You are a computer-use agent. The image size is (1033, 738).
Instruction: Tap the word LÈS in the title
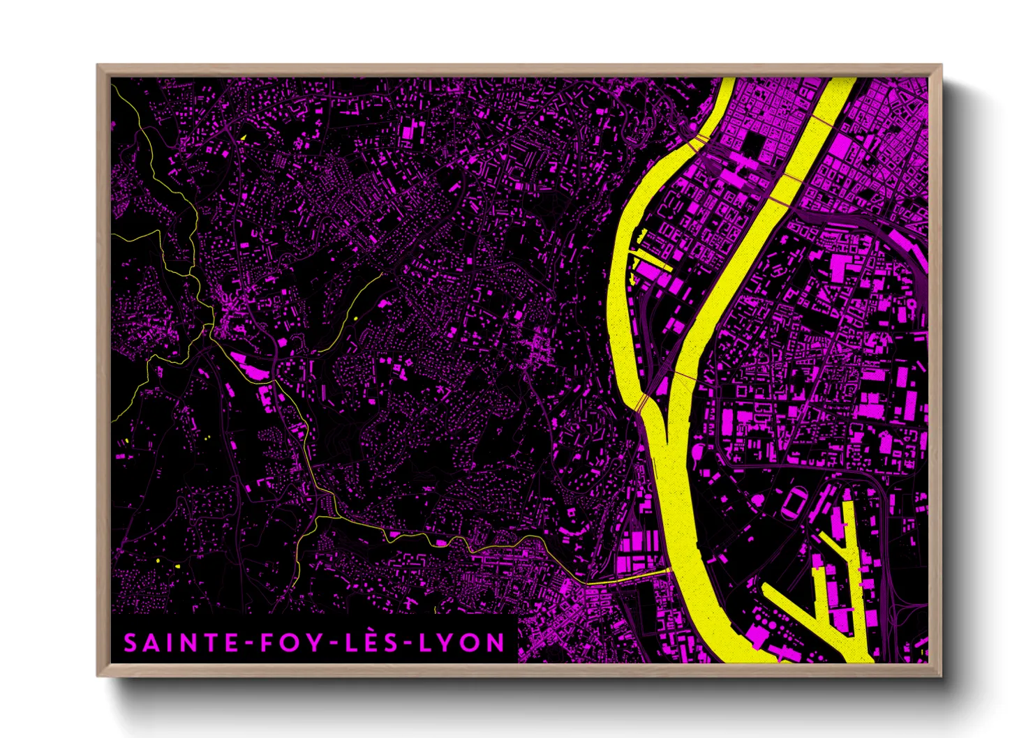tap(378, 643)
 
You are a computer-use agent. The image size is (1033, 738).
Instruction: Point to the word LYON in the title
tap(463, 643)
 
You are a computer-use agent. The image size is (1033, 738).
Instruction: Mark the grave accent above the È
tap(378, 629)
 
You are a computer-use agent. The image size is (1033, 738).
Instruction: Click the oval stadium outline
tap(794, 502)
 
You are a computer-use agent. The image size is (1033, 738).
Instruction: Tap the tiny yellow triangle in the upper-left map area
tap(243, 137)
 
